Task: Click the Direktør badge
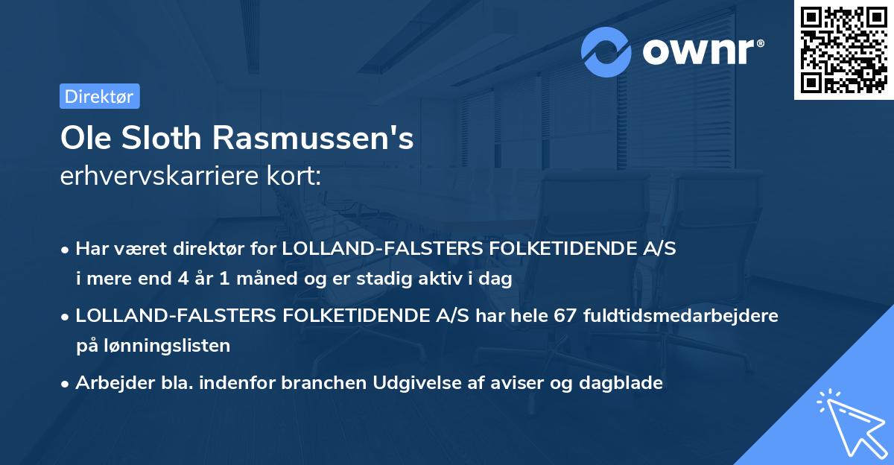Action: pyautogui.click(x=99, y=96)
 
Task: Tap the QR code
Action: pyautogui.click(x=843, y=49)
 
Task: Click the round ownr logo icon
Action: pyautogui.click(x=606, y=51)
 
